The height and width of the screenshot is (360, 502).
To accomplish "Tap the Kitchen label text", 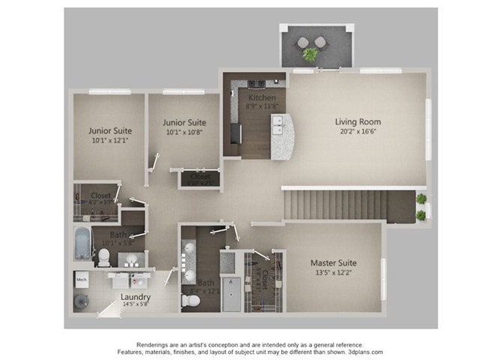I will click(262, 97).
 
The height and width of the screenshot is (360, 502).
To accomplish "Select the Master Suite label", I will click(333, 263).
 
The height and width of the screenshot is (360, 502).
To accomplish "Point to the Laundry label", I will click(136, 296).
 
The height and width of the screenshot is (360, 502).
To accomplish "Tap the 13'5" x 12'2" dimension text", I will click(333, 274).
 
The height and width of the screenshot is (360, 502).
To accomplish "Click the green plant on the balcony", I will click(309, 53).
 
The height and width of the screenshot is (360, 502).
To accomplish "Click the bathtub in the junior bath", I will click(82, 241).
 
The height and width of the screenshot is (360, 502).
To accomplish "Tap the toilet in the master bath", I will click(191, 300).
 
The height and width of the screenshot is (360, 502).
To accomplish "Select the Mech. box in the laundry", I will click(81, 280).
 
